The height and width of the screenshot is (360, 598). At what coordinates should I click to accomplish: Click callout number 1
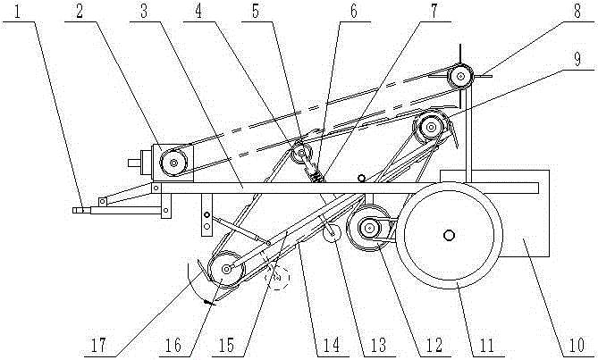pos(17,13)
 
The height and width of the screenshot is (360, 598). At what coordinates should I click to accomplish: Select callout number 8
pos(577,11)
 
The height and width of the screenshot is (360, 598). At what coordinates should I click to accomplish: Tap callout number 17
pos(98,346)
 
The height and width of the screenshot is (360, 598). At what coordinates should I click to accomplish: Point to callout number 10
pos(576,345)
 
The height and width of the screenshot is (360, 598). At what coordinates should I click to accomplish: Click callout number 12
pos(434,346)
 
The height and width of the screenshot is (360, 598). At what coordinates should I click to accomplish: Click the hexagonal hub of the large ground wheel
pos(450,236)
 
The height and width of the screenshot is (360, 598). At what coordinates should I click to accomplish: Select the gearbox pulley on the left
pos(173,163)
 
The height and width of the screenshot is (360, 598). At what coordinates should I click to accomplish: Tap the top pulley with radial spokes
pos(460,76)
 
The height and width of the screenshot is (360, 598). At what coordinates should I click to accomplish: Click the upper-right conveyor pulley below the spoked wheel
pos(431,127)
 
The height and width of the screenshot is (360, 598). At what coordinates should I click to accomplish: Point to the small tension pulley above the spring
pos(301,153)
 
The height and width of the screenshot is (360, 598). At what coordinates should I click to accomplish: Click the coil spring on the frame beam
pos(316,176)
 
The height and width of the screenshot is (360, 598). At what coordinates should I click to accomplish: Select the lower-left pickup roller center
pos(226,269)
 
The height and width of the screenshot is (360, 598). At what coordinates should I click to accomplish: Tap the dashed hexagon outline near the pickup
pos(278,277)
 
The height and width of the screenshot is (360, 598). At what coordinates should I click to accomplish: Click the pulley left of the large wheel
pos(368,228)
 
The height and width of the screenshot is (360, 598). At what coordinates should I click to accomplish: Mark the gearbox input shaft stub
pos(135,163)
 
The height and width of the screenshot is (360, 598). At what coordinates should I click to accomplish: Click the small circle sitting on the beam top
pos(361,179)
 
